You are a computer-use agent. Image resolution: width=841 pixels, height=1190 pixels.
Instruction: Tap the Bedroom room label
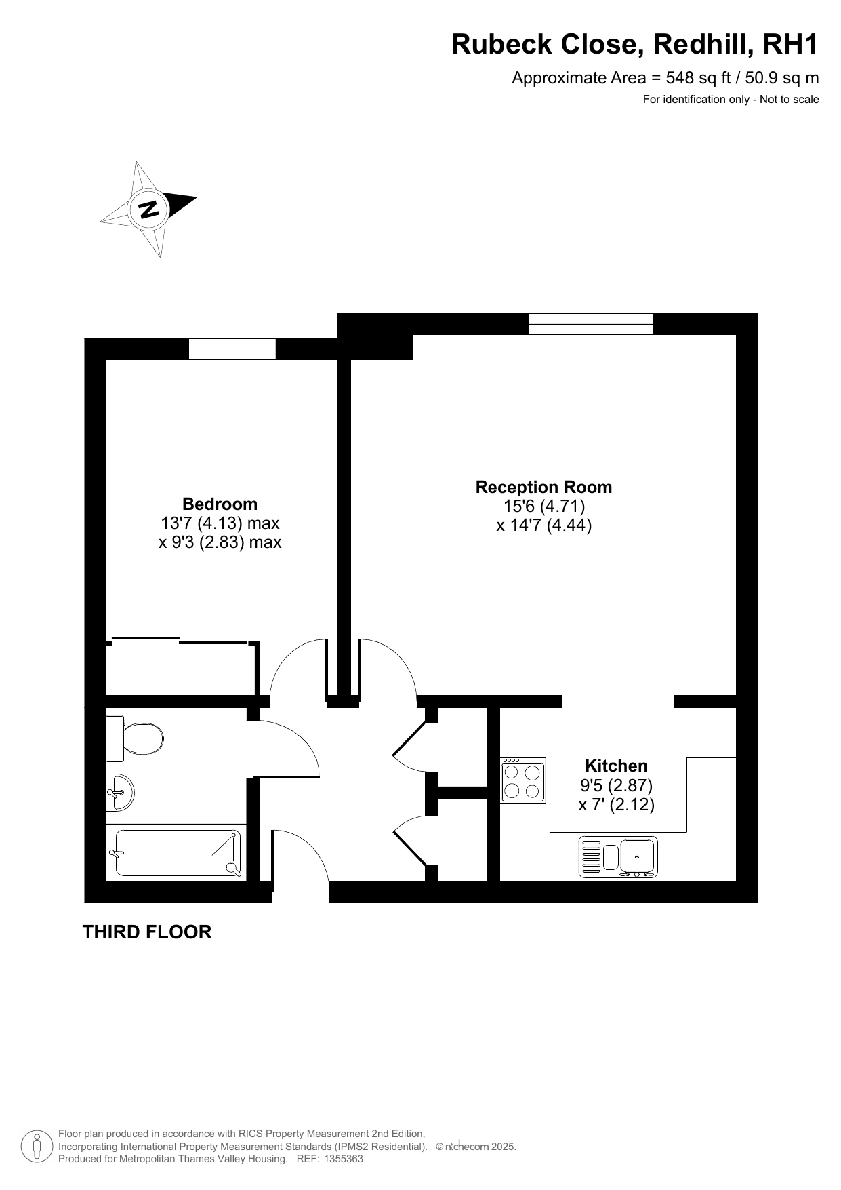point(220,504)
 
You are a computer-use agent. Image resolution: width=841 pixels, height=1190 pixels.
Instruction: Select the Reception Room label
point(543,487)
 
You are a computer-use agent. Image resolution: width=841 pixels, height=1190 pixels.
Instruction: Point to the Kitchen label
point(616,766)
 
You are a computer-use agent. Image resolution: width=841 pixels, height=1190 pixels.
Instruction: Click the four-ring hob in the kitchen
point(523,780)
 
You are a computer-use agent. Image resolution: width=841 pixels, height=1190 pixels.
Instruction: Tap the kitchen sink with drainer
point(618,857)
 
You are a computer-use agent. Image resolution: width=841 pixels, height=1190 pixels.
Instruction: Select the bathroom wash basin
point(120,791)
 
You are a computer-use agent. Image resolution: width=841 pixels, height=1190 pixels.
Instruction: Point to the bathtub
point(178,852)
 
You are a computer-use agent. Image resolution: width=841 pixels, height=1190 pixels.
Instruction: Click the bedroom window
point(232,349)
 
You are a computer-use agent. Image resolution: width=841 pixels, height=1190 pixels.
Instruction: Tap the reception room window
point(591,324)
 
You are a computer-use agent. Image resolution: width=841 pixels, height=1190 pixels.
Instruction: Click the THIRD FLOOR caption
point(147,932)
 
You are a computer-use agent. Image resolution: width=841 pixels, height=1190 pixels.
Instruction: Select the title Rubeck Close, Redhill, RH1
point(635,45)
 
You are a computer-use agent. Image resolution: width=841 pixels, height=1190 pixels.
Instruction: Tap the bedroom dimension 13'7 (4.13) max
point(220,523)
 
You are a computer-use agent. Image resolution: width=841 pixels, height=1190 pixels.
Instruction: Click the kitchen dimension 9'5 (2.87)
point(616,785)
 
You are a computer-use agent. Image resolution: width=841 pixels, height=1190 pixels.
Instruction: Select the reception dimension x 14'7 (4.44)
point(544,525)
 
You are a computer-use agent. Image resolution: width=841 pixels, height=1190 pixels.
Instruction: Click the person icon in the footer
point(37,1147)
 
